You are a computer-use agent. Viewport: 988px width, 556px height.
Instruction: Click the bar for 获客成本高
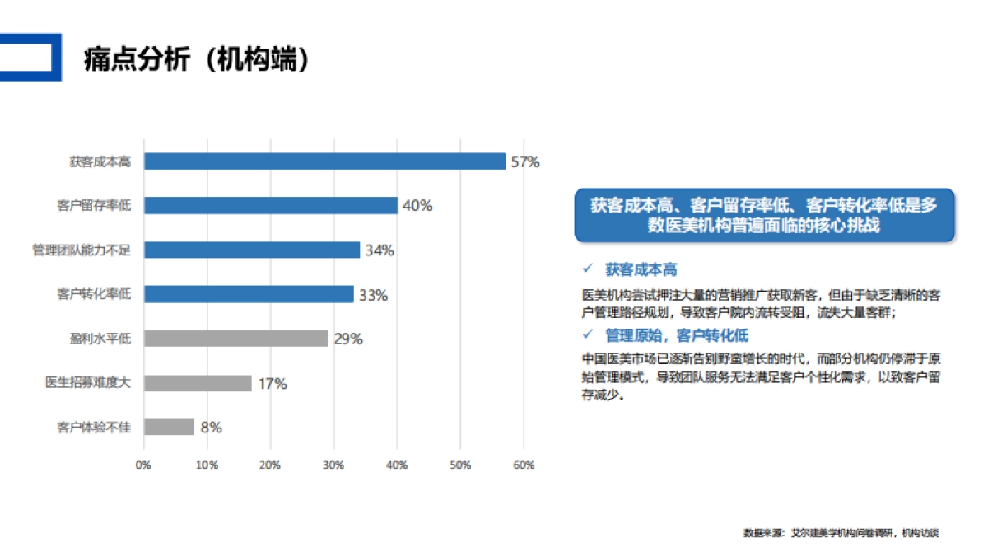click(324, 161)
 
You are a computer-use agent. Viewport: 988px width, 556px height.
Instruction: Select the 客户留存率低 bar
click(271, 205)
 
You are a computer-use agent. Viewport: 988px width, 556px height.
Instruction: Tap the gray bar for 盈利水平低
click(235, 339)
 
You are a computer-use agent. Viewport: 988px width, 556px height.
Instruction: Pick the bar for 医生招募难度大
click(198, 383)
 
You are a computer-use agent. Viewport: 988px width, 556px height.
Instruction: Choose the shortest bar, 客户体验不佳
click(169, 427)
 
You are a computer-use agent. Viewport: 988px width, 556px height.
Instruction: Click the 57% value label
click(525, 162)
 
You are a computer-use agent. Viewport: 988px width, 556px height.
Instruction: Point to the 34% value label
click(380, 250)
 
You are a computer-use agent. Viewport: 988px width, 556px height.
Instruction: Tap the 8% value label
click(212, 428)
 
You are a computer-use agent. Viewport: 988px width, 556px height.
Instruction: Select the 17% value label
click(271, 384)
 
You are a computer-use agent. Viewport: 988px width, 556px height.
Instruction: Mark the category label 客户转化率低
click(94, 294)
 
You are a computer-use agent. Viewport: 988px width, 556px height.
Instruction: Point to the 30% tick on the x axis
click(333, 465)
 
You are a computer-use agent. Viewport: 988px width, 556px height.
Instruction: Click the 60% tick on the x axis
click(524, 465)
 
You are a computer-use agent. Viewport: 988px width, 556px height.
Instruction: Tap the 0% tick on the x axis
click(143, 465)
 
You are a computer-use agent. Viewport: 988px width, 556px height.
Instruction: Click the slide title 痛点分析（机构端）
click(197, 59)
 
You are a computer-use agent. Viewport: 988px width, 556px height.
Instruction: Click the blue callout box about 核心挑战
click(764, 215)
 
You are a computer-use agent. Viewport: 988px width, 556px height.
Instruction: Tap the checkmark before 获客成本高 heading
click(588, 269)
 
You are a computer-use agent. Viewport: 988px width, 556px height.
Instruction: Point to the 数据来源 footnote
click(841, 533)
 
